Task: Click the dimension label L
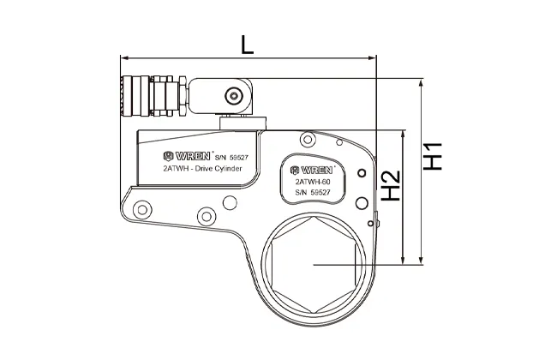[x=248, y=45]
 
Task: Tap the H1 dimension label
[x=433, y=156]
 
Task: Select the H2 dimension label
[x=391, y=186]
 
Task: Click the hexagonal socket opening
[x=314, y=265]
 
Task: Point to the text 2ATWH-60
[x=314, y=182]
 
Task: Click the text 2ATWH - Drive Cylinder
[x=202, y=169]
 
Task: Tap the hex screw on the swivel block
[x=233, y=96]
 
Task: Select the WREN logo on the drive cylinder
[x=187, y=156]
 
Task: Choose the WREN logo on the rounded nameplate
[x=312, y=171]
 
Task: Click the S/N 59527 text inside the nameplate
[x=313, y=192]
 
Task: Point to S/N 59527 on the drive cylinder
[x=232, y=158]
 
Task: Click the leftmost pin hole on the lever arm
[x=142, y=210]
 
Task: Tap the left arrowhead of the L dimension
[x=124, y=58]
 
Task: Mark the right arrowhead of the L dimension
[x=372, y=58]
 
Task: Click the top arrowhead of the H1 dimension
[x=422, y=83]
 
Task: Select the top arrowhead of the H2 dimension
[x=403, y=135]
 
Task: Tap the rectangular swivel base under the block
[x=243, y=123]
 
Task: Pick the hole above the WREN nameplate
[x=308, y=140]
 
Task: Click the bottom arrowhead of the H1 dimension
[x=422, y=260]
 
